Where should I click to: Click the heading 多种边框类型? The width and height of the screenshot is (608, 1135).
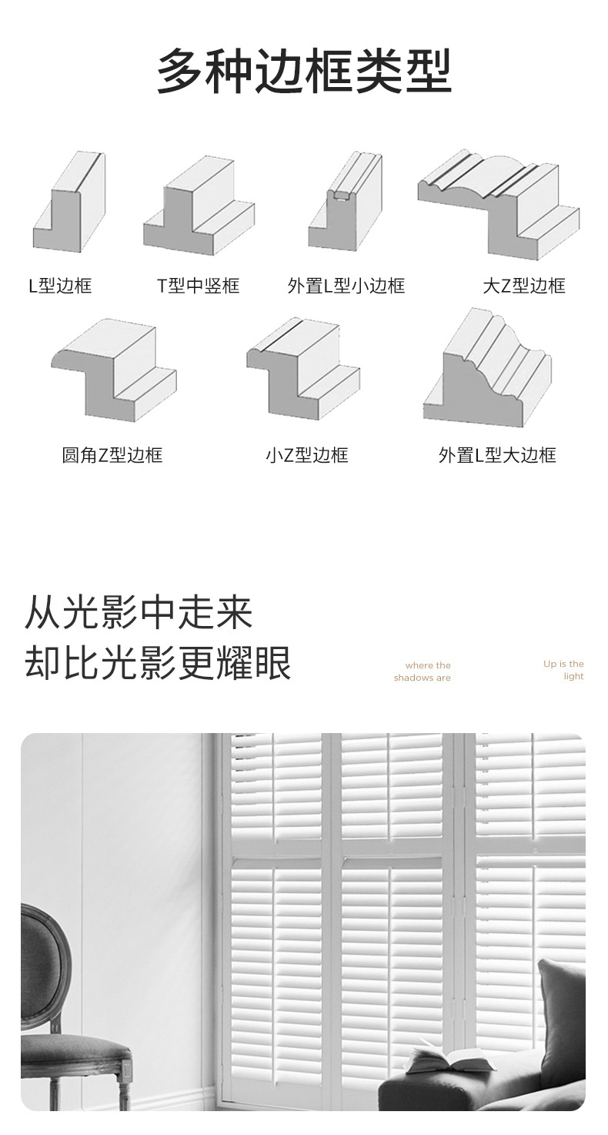[304, 71]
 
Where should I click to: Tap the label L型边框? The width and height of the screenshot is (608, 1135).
[60, 286]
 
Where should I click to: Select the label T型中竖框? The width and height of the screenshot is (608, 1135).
[199, 286]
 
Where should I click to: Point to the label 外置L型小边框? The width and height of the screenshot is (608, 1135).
[346, 286]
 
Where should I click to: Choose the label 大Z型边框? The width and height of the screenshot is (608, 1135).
[524, 286]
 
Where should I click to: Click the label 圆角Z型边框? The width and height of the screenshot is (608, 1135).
[112, 455]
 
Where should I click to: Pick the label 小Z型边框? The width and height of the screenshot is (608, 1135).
[307, 455]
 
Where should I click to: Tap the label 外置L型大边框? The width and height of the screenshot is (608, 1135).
[497, 455]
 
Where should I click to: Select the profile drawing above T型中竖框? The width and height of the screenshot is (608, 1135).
[199, 206]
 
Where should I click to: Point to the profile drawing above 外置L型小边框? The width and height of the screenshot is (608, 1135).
[345, 202]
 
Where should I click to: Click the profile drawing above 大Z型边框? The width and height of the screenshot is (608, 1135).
[499, 202]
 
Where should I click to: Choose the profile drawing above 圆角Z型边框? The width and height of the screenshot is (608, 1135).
[114, 370]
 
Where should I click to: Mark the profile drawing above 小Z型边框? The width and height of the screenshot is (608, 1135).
[302, 368]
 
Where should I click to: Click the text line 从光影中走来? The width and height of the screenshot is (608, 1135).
[139, 613]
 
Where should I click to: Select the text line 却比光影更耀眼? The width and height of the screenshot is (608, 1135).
[158, 662]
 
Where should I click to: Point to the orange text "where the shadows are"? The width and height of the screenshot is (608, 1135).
[423, 671]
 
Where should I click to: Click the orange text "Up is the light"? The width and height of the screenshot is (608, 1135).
[564, 670]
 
